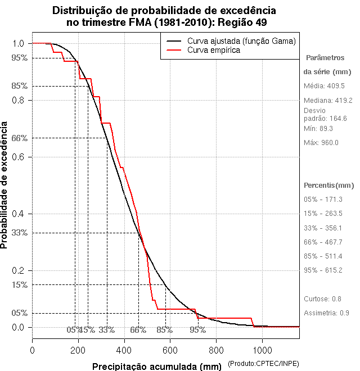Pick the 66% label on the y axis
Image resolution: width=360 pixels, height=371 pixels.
[x=19, y=138]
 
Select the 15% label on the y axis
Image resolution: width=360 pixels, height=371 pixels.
[x=19, y=285]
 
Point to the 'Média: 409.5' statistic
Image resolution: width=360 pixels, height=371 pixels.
[x=324, y=86]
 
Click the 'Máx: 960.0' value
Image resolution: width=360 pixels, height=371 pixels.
[x=321, y=142]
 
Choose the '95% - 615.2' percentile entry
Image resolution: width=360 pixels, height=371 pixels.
[x=323, y=270]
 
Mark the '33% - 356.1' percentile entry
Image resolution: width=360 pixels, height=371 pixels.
[x=323, y=228]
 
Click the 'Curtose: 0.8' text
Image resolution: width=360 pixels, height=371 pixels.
[x=322, y=298]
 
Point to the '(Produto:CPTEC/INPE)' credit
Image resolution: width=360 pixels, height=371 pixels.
[x=263, y=364]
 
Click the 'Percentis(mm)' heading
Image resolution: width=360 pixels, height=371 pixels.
[x=329, y=185]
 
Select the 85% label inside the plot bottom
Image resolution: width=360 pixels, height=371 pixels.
[x=164, y=330]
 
